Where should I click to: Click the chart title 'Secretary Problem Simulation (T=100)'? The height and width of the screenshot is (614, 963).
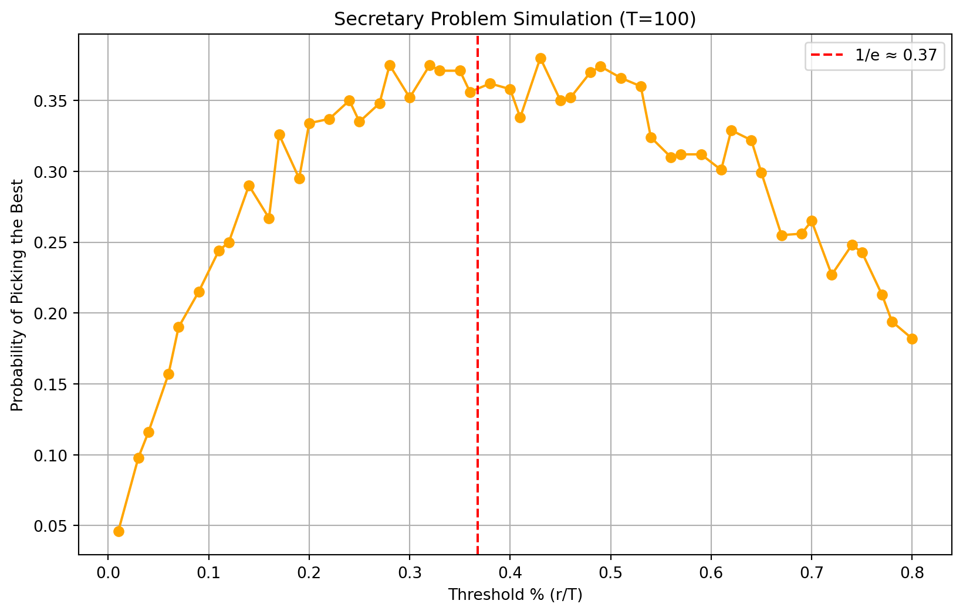click(x=515, y=19)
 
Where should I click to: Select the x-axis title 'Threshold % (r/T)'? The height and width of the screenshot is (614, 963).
click(x=515, y=595)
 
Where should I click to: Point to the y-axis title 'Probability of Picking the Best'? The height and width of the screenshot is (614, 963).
click(x=18, y=295)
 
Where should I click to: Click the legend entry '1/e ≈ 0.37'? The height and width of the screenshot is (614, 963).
click(x=874, y=56)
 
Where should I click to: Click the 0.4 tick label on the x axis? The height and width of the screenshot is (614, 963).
click(x=510, y=571)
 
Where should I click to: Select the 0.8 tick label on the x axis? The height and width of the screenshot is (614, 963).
click(x=912, y=571)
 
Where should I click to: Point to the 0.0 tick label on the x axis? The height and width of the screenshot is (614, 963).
click(x=108, y=571)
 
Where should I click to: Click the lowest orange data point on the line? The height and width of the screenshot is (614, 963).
click(x=119, y=531)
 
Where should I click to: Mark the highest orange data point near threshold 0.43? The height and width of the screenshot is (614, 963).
click(x=540, y=58)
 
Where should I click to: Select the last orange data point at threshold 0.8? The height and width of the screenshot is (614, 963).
click(x=912, y=339)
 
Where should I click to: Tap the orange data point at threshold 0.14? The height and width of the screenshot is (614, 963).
click(x=249, y=185)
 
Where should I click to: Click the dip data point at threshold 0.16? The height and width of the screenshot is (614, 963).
click(x=269, y=218)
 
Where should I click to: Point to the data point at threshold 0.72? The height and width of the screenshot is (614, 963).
click(x=832, y=275)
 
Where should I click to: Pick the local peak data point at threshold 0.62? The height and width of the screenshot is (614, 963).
click(x=731, y=130)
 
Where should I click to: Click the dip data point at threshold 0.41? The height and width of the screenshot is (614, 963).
click(x=520, y=117)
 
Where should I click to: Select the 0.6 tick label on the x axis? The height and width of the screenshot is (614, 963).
click(x=711, y=571)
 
